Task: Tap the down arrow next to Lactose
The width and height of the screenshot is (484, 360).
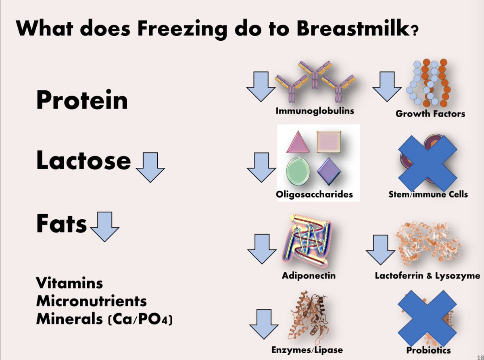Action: [x=150, y=169]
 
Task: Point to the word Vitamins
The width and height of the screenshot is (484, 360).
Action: [x=69, y=283]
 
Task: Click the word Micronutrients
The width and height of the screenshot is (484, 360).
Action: [x=92, y=301]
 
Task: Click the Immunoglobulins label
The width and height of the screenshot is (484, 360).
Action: [x=315, y=110]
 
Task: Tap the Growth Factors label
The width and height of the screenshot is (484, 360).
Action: [x=430, y=114]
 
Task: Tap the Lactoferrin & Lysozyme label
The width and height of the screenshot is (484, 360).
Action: [x=428, y=276]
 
